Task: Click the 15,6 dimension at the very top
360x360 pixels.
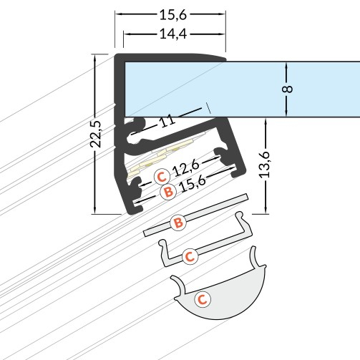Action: pyautogui.click(x=173, y=14)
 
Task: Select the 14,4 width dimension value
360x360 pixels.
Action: pyautogui.click(x=173, y=34)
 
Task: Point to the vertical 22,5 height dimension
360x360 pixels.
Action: pyautogui.click(x=96, y=134)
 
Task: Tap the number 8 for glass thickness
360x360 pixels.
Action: pyautogui.click(x=288, y=89)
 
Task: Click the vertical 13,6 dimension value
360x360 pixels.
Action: pyautogui.click(x=265, y=165)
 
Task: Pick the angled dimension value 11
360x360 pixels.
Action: pyautogui.click(x=167, y=121)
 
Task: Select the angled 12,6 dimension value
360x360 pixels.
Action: pyautogui.click(x=185, y=167)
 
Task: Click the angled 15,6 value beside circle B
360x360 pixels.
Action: pyautogui.click(x=193, y=183)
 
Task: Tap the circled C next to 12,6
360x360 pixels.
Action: pyautogui.click(x=162, y=177)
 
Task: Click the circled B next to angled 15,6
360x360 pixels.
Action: pyautogui.click(x=168, y=192)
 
